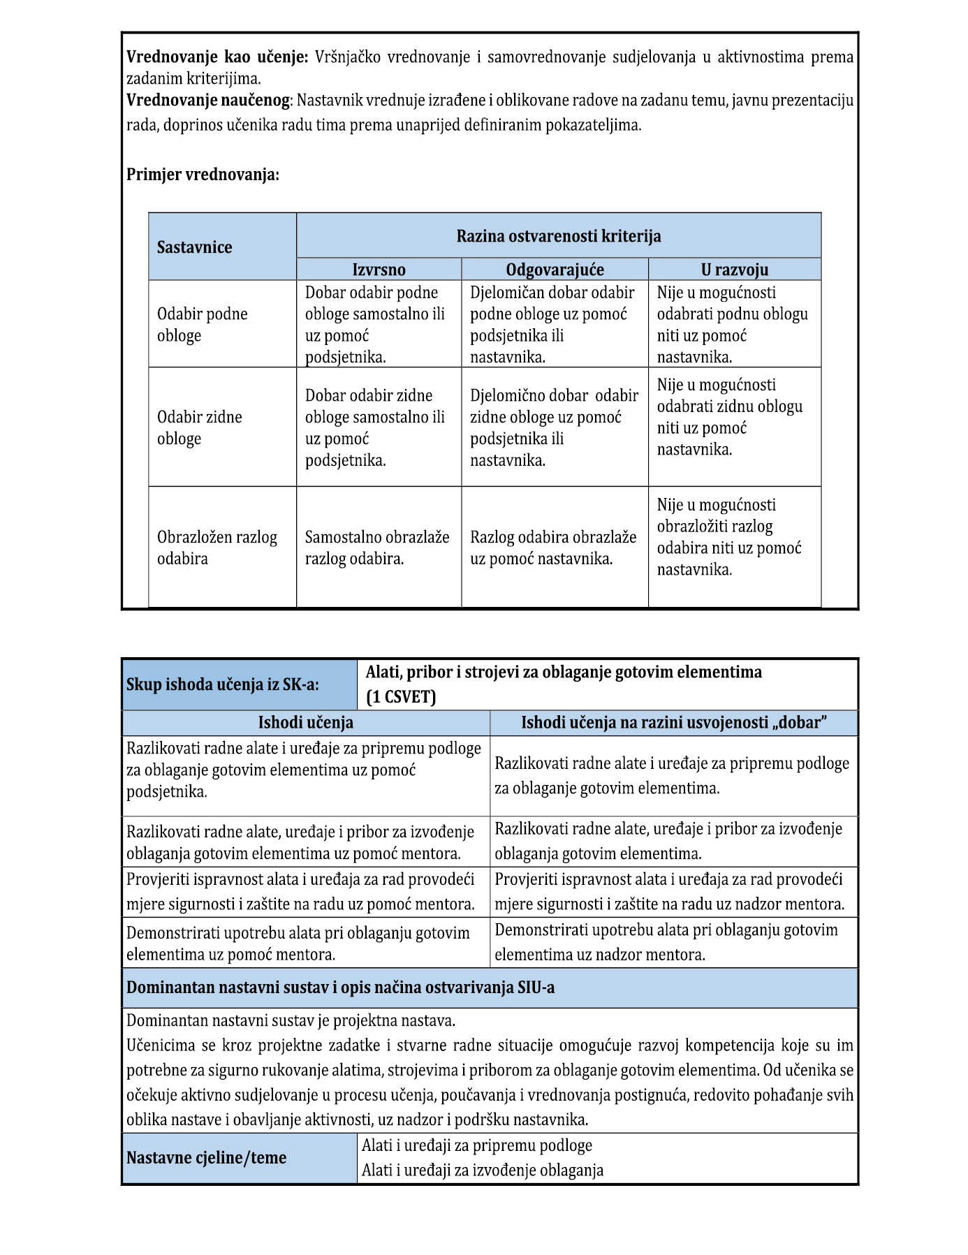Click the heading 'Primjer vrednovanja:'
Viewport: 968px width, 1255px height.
coord(203,175)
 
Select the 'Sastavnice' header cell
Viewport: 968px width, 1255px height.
coord(194,247)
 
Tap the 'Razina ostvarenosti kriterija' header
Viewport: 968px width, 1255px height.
coord(559,236)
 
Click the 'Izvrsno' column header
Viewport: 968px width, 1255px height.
coord(379,270)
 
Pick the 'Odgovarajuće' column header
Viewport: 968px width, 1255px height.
coord(555,270)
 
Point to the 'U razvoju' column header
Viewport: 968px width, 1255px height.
coord(734,270)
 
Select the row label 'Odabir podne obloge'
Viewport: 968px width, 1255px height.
coord(203,325)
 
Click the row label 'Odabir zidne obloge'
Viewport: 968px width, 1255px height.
coord(200,427)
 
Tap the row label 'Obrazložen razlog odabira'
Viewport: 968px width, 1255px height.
coord(217,548)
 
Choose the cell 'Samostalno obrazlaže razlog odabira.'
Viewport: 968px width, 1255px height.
coord(377,548)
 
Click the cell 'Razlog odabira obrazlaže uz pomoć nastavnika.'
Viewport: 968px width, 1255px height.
coord(553,548)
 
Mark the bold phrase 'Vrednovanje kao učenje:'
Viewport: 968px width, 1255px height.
coord(217,57)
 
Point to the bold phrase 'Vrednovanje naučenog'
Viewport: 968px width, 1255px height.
coord(207,101)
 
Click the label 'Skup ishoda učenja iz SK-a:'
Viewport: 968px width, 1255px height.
coord(223,684)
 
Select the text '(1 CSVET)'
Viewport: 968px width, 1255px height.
coord(401,697)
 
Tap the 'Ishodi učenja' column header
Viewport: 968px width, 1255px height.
coord(306,723)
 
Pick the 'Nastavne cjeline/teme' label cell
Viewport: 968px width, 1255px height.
coord(207,1158)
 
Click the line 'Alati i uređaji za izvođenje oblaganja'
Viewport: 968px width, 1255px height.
coord(483,1170)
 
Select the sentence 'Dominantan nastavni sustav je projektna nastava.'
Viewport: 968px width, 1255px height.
coord(291,1020)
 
